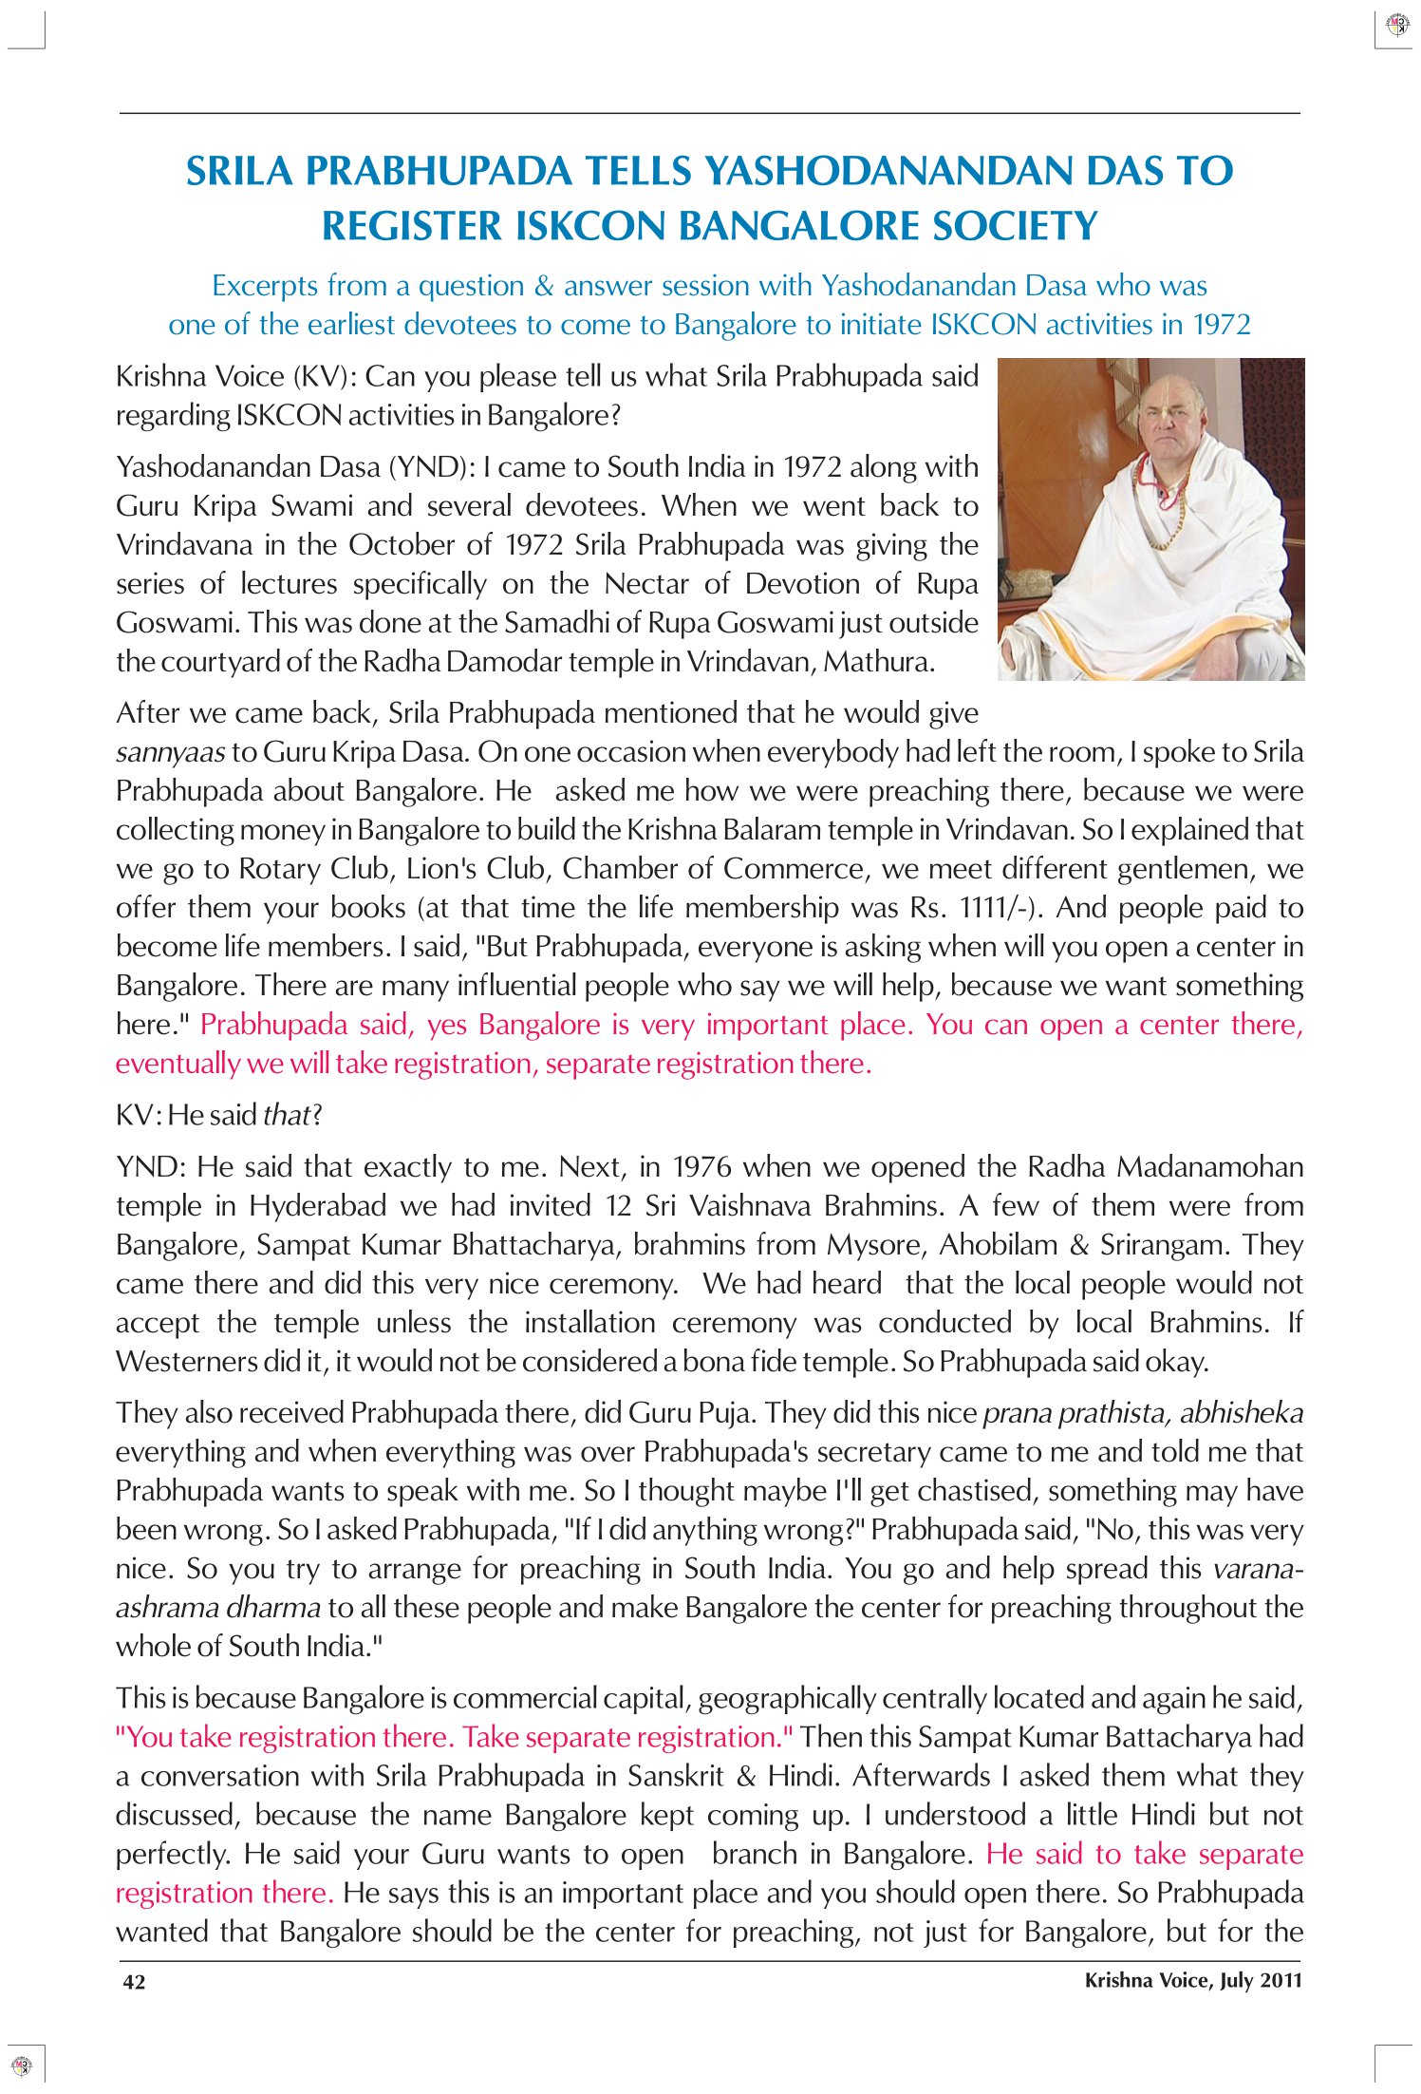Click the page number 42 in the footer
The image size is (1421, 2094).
click(134, 1982)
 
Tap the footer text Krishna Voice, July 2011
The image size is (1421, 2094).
click(1192, 1980)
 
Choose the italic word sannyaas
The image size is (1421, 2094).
click(170, 752)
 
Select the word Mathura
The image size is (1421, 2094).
click(878, 662)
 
